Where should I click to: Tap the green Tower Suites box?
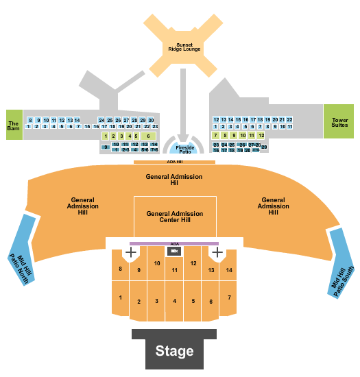point(338,121)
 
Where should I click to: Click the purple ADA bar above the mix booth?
point(174,243)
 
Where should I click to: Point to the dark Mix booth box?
point(174,252)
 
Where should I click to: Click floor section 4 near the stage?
point(175,300)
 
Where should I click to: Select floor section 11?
point(175,271)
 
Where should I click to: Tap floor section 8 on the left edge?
point(120,268)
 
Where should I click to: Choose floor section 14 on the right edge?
point(229,270)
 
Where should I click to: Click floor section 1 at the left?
point(120,297)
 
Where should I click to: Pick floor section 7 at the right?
point(229,297)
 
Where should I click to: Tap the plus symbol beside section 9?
point(130,252)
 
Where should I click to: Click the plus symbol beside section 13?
point(217,252)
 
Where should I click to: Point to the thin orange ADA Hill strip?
point(174,162)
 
